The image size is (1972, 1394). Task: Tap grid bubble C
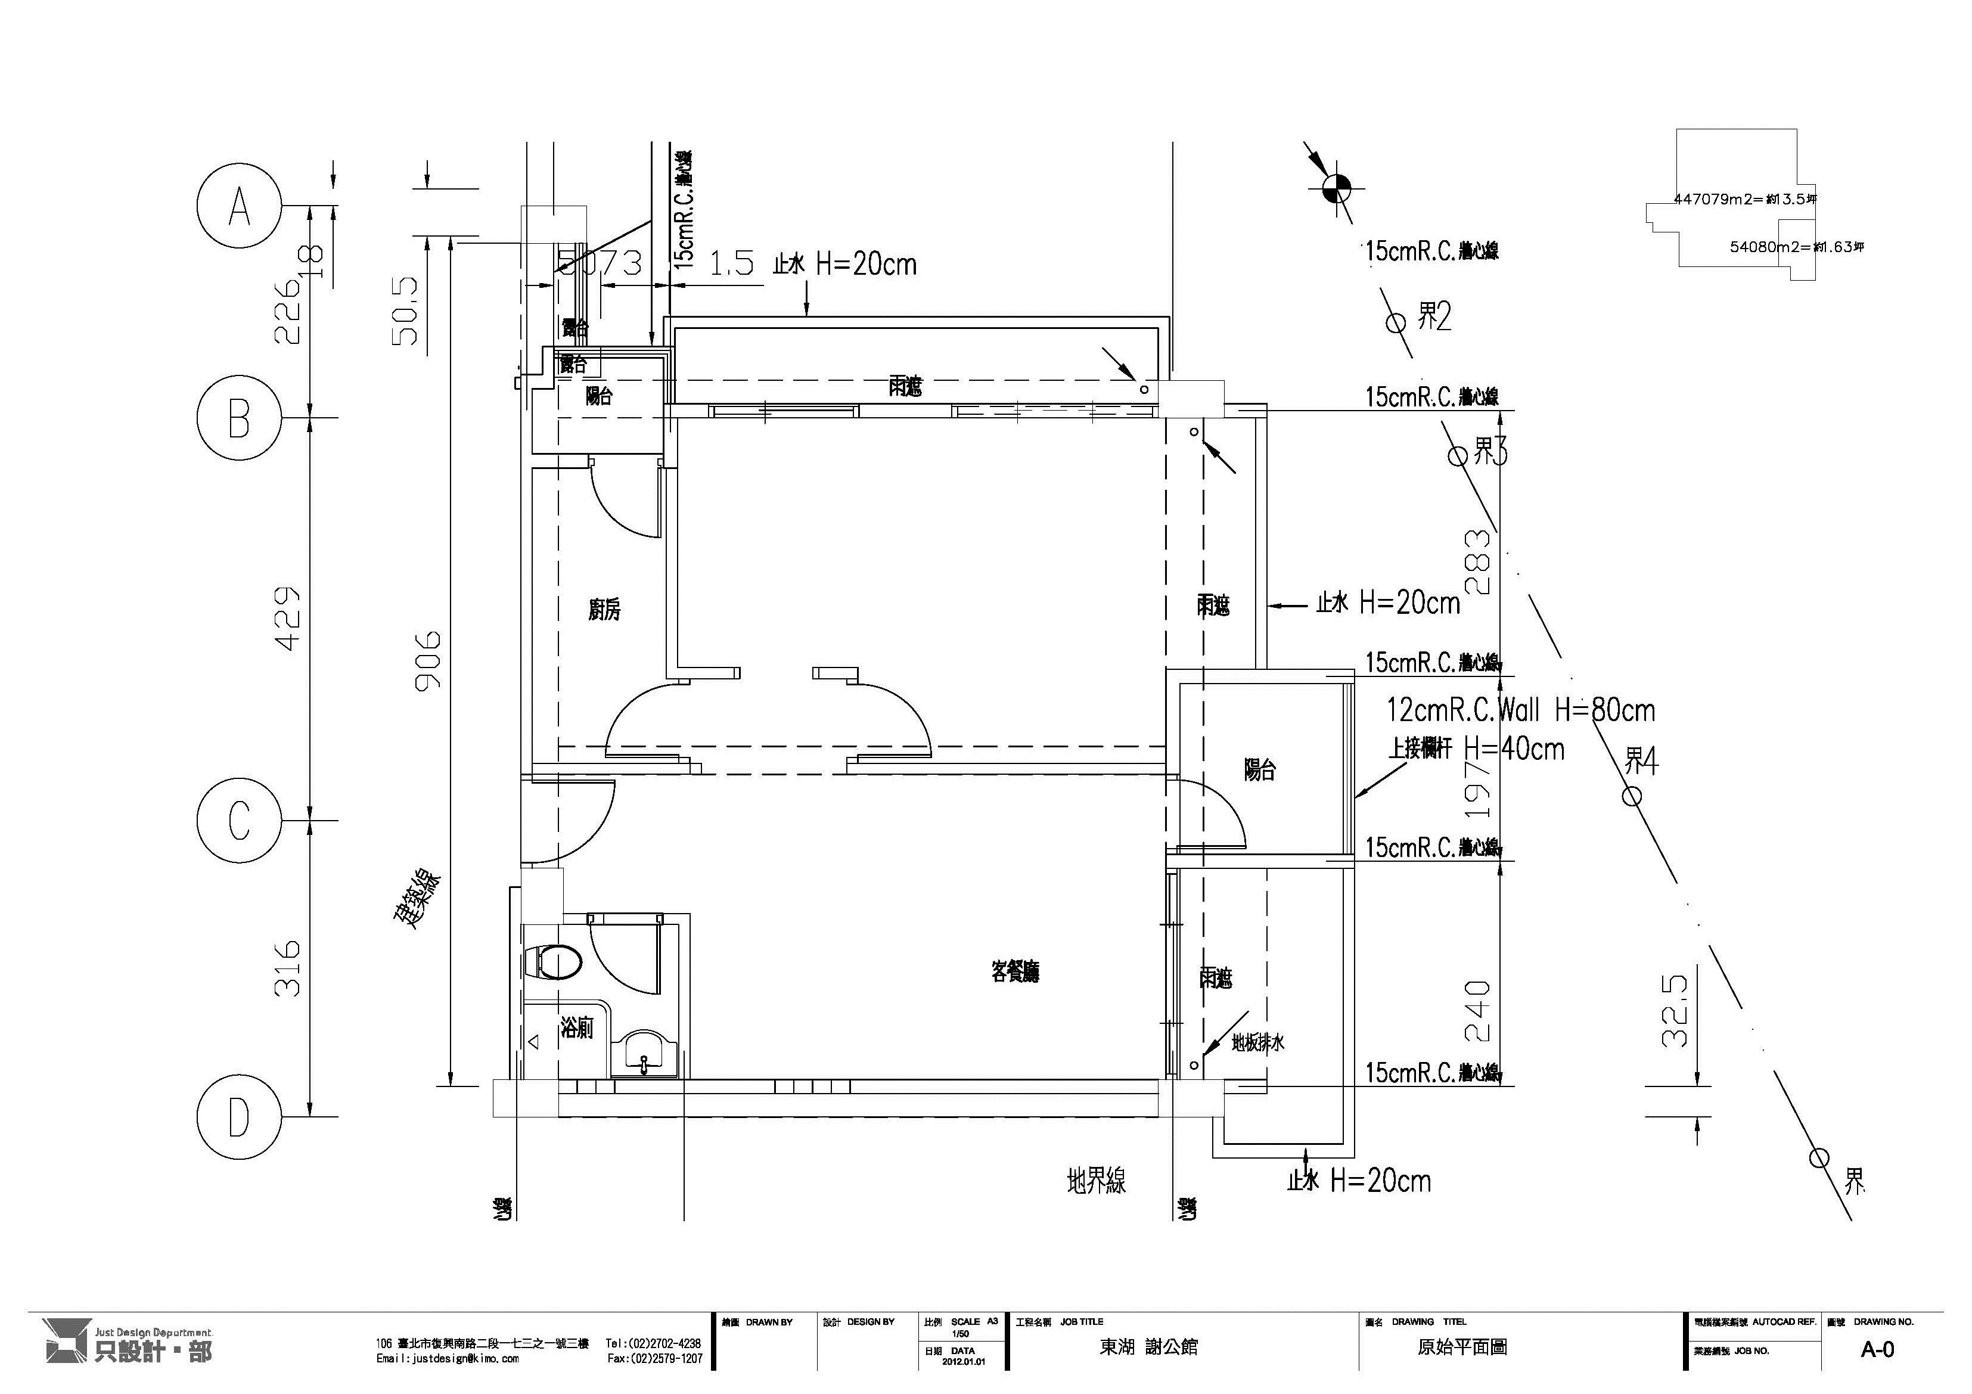(239, 820)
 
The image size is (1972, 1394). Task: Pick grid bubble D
(239, 1117)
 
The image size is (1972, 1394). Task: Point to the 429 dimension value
(288, 619)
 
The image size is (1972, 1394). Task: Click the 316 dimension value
(288, 968)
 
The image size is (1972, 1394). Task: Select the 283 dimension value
(1477, 562)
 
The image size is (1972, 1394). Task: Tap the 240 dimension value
(1477, 1011)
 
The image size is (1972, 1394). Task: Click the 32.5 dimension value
(1675, 1011)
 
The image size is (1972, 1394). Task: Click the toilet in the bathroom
(553, 962)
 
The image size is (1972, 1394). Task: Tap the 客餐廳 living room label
(1015, 972)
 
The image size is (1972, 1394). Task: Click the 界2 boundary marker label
(1433, 317)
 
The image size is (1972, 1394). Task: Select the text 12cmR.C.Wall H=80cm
(1520, 710)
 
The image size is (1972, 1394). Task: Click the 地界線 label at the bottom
(1096, 1181)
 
